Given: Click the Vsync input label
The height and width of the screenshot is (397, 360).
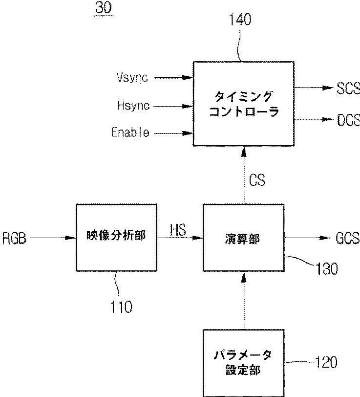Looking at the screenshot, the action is [132, 77].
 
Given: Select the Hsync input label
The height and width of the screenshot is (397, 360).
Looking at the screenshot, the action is [133, 105].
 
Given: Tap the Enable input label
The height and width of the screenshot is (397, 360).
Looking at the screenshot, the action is [130, 132].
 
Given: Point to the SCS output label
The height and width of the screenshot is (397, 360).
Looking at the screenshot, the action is [348, 88].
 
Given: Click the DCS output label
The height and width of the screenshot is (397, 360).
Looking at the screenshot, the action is [349, 120].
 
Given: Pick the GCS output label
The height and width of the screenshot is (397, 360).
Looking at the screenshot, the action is [348, 238].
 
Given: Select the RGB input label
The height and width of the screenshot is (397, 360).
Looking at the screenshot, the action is [15, 238].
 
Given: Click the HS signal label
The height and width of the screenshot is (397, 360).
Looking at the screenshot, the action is [178, 230].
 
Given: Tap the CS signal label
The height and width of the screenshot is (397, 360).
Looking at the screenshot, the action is [257, 180].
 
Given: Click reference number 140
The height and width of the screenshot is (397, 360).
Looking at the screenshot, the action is [240, 20].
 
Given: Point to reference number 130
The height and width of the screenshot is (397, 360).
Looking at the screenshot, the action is [326, 269].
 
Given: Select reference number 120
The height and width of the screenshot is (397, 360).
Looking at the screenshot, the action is [326, 362].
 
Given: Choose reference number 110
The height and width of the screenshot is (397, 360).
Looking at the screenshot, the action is [121, 307].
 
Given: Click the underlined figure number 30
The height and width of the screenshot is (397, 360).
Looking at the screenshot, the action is [104, 8].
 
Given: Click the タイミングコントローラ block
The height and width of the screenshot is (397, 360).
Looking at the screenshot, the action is [244, 104].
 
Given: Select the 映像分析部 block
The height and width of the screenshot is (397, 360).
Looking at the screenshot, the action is [117, 238].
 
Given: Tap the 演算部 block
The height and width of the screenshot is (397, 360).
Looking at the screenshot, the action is [244, 238].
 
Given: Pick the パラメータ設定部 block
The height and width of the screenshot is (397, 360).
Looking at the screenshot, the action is [244, 363].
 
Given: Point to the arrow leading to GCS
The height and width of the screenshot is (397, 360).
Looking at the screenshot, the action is [307, 238].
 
